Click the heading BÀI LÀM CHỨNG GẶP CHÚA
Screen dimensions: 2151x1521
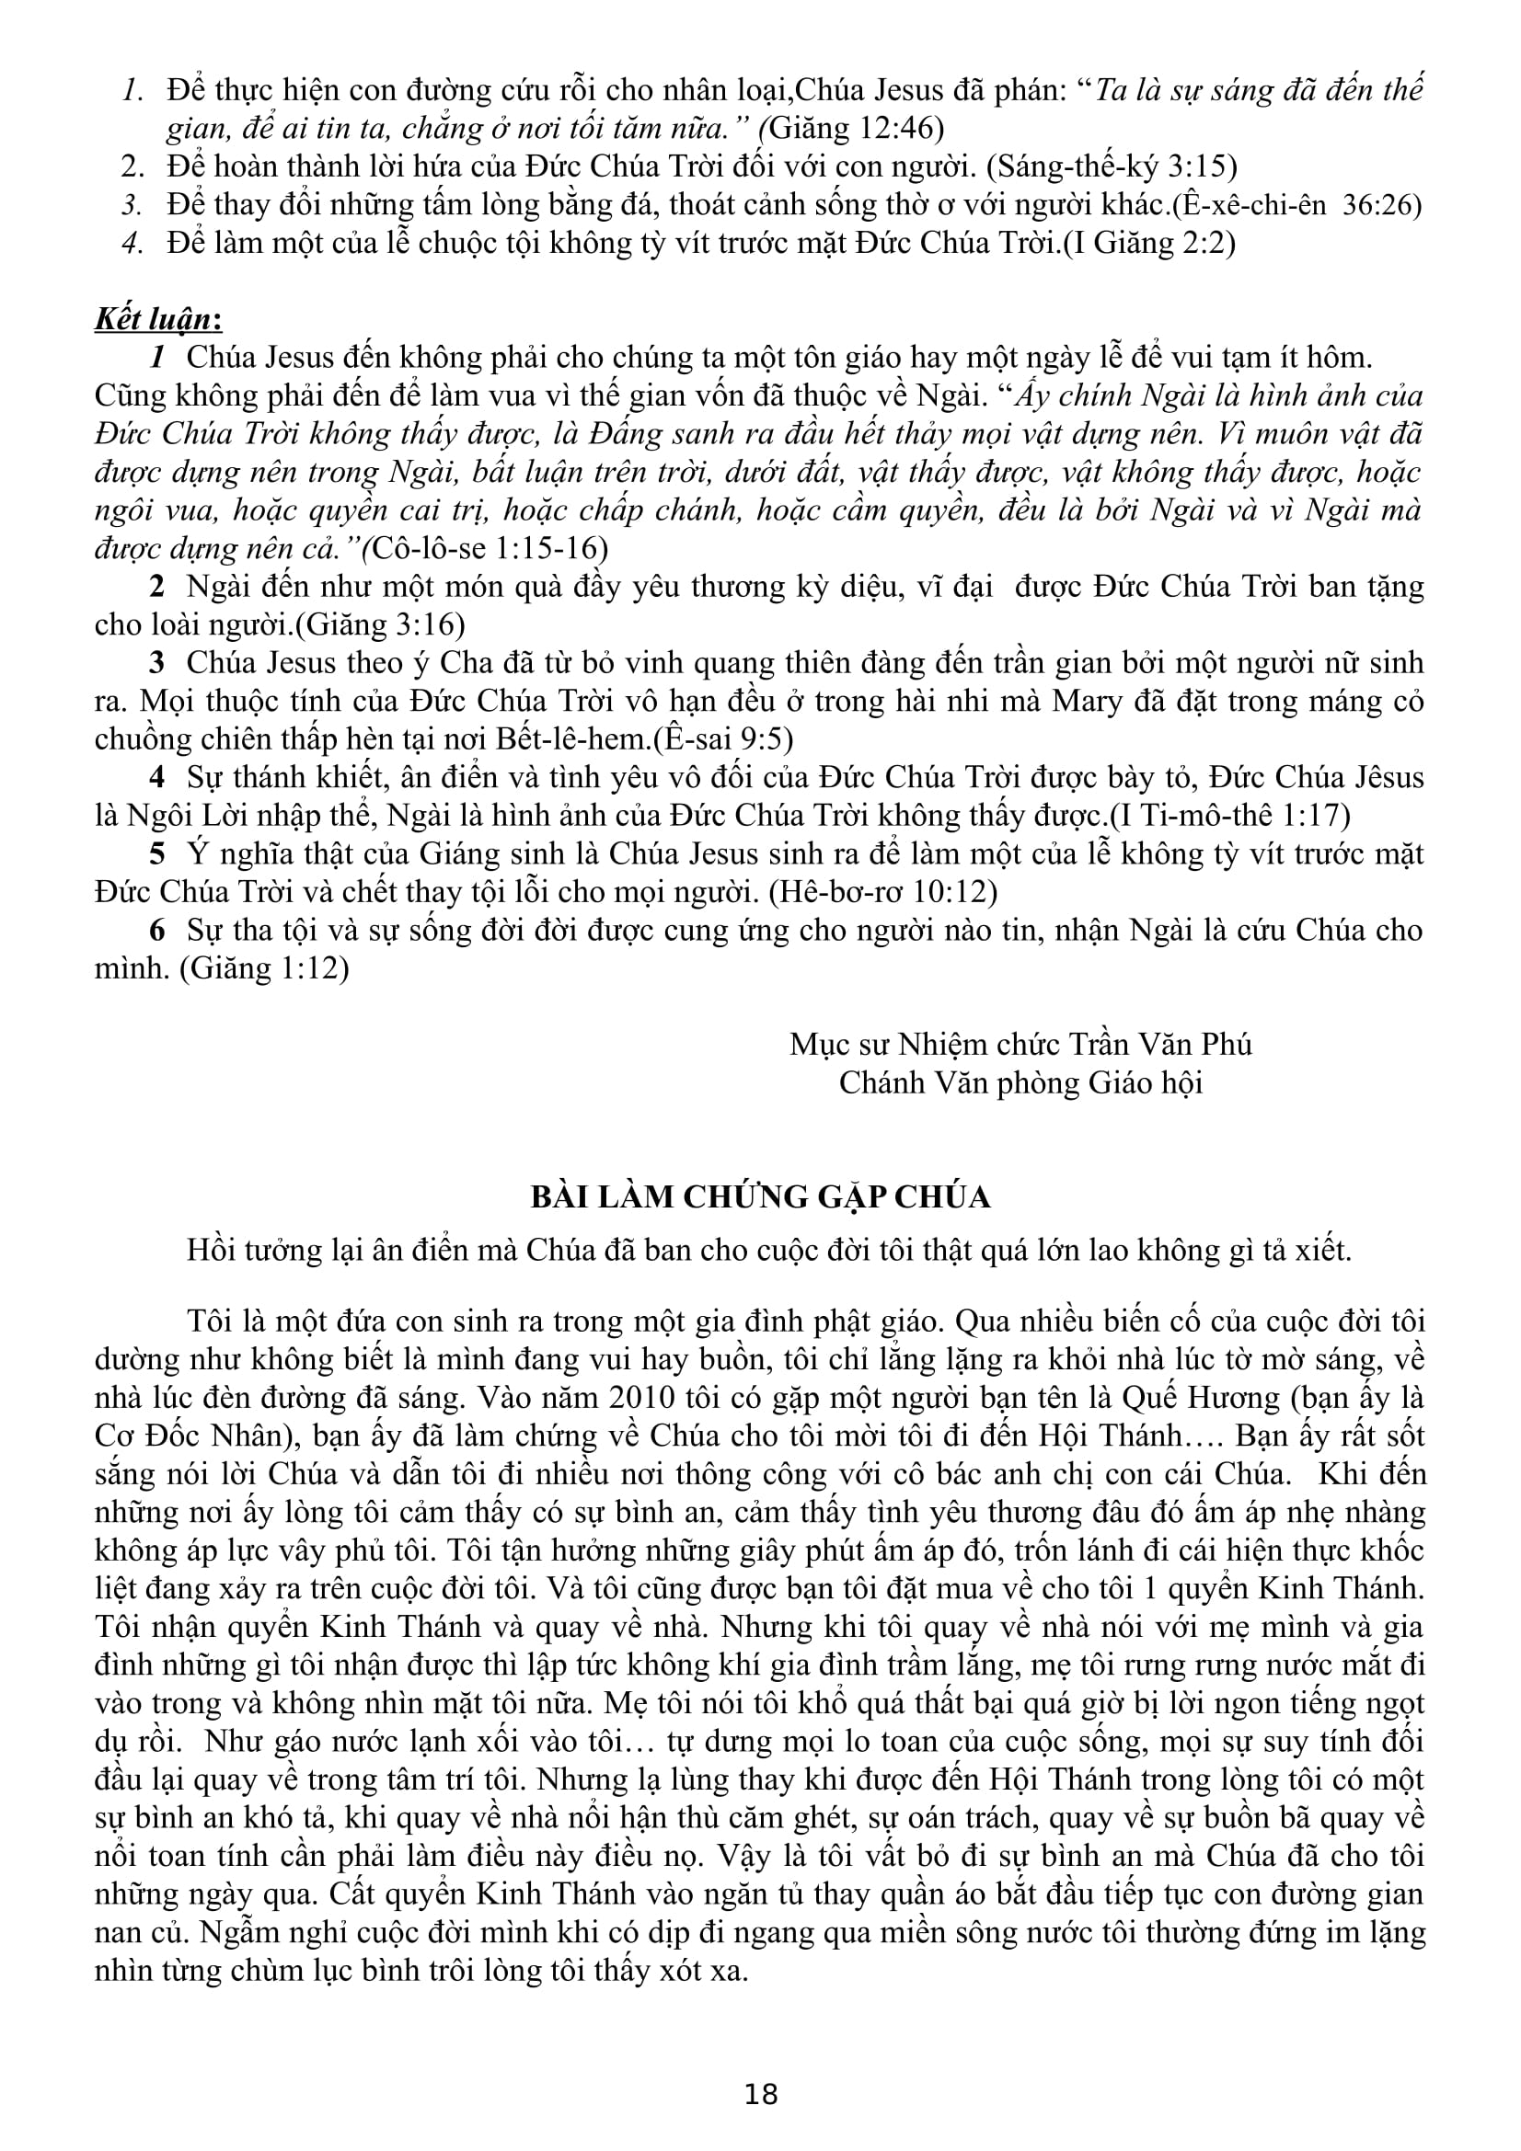[x=760, y=1197]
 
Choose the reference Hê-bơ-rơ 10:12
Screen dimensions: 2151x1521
[x=881, y=892]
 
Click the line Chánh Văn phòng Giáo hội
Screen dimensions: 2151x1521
[x=1020, y=1083]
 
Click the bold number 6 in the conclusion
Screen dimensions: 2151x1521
[x=157, y=931]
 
